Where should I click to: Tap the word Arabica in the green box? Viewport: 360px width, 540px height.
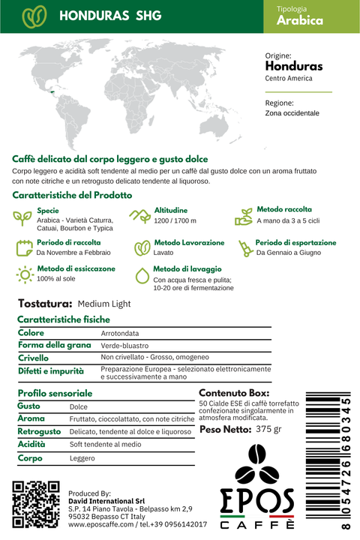point(300,21)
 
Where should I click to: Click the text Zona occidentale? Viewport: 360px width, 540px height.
point(292,113)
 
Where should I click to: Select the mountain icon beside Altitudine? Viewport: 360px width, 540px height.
point(139,216)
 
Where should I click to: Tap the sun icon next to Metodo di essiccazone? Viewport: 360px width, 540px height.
point(25,274)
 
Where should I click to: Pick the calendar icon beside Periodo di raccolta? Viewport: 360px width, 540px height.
point(24,247)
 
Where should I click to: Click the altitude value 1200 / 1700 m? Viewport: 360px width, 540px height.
point(175,221)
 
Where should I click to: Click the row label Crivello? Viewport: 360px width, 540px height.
point(34,358)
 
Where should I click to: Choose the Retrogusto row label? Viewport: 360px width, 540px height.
point(39,431)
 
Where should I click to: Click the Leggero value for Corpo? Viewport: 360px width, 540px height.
point(82,457)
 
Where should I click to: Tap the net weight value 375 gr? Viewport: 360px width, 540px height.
point(268,430)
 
